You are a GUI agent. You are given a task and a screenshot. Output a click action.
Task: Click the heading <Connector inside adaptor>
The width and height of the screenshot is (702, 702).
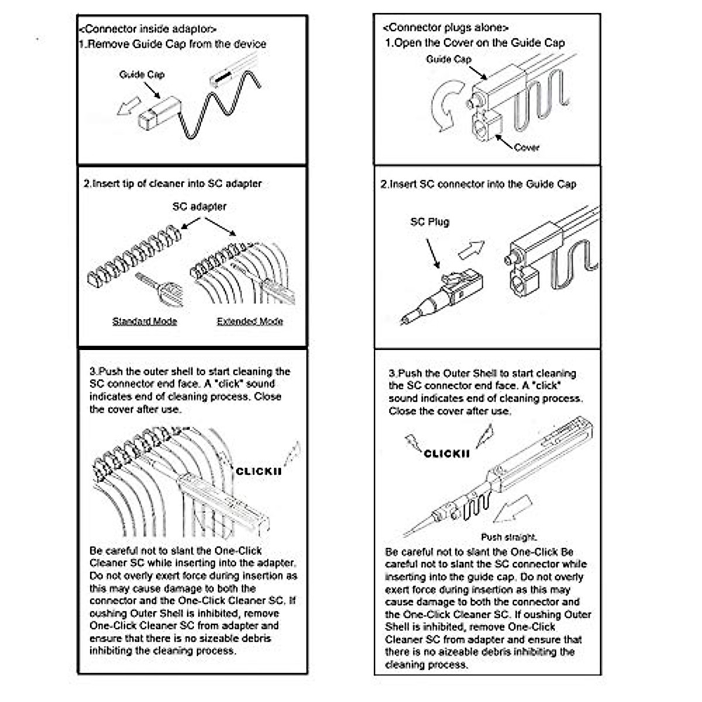click(x=147, y=29)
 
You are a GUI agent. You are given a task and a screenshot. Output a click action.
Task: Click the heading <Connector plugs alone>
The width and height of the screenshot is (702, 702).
click(x=446, y=27)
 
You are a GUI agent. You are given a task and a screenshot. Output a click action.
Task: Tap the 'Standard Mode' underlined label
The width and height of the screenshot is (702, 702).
click(x=144, y=321)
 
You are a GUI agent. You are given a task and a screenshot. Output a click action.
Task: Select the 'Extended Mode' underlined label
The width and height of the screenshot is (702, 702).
click(x=250, y=321)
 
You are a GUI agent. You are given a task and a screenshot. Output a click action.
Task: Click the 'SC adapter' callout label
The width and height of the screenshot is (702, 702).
click(x=199, y=207)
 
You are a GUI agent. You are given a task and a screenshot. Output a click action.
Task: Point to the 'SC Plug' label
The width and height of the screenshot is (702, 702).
click(x=429, y=222)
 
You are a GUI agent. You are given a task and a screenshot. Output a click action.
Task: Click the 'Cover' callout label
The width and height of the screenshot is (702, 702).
click(x=526, y=147)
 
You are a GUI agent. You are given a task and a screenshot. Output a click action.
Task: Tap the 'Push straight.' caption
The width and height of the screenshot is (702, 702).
click(x=509, y=537)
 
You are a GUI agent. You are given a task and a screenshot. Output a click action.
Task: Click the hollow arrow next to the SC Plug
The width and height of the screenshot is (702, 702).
click(x=471, y=249)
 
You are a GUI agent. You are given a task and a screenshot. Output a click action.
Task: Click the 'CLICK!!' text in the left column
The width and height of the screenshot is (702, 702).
click(x=258, y=471)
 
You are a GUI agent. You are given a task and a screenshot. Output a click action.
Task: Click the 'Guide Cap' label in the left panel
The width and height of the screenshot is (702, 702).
click(x=142, y=74)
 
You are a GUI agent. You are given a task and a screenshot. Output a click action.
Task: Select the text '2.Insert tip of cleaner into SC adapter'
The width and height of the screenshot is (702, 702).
click(x=173, y=183)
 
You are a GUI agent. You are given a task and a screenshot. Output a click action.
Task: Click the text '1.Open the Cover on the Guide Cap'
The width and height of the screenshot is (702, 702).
click(x=474, y=43)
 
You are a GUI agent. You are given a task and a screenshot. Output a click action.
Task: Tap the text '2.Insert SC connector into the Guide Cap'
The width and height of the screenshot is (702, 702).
click(x=478, y=184)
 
